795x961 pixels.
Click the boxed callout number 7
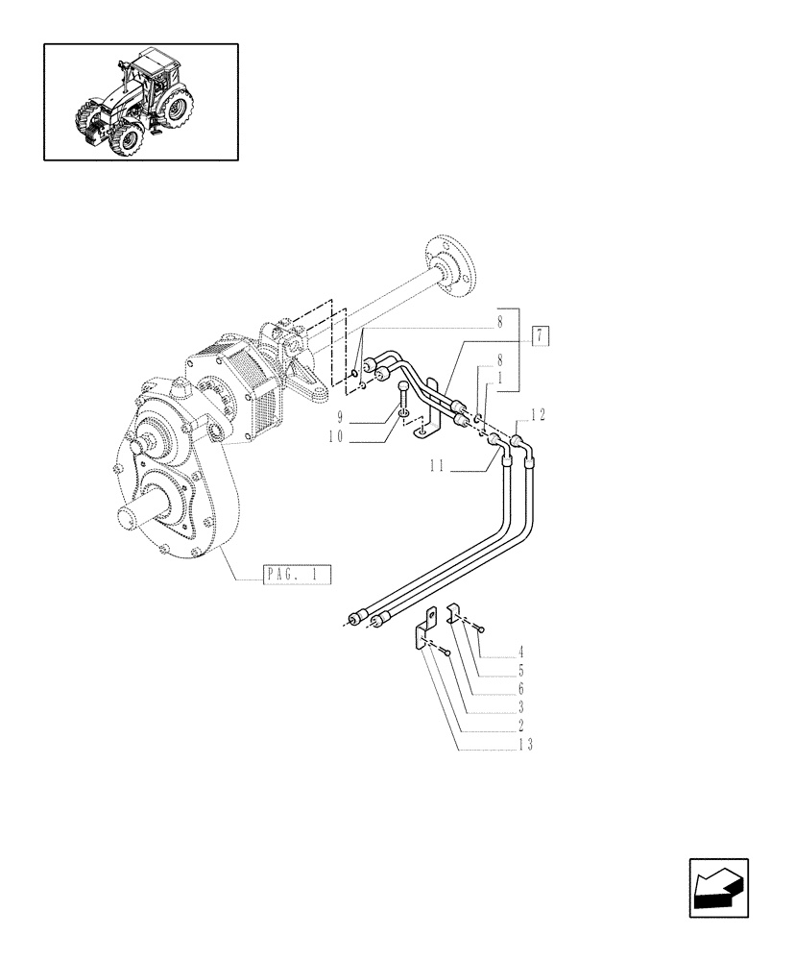[x=542, y=335]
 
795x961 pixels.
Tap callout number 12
[x=537, y=414]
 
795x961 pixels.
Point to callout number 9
[x=340, y=418]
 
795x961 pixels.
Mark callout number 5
[x=520, y=671]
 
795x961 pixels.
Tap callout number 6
[x=520, y=689]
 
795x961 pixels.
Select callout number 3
[x=520, y=707]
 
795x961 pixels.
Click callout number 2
[x=520, y=726]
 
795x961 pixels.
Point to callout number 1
[x=499, y=378]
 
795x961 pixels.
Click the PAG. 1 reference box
[x=296, y=576]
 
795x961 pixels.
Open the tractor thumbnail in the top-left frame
[x=140, y=102]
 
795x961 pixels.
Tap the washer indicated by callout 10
[x=407, y=414]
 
